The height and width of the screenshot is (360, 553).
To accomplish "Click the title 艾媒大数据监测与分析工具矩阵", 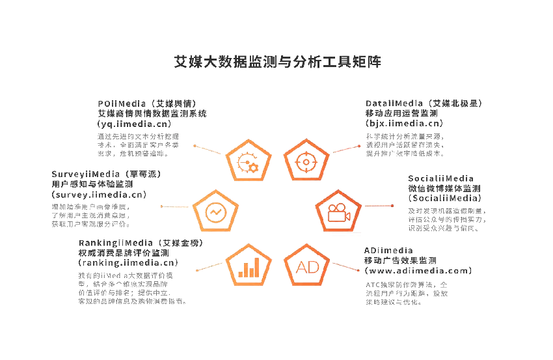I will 277,62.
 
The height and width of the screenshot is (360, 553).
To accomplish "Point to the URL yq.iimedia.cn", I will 134,124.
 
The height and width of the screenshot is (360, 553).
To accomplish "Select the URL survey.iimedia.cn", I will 98,195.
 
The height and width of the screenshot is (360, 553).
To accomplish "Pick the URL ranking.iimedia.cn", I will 128,262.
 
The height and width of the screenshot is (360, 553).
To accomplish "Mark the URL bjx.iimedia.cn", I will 404,123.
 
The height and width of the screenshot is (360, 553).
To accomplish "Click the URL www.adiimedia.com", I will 417,270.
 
